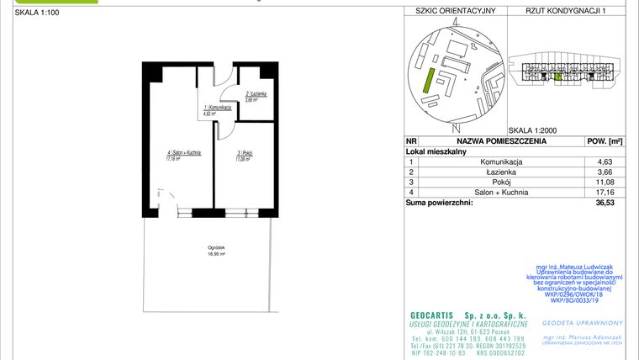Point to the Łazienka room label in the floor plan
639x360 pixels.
coord(256,96)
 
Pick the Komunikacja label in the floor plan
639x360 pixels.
coord(218,110)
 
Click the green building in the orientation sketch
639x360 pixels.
coord(429,82)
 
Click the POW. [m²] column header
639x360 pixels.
coord(604,141)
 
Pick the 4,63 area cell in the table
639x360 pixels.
coord(605,161)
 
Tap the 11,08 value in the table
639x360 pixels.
coord(605,181)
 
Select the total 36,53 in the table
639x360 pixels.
coord(605,202)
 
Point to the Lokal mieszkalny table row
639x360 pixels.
coord(437,151)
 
